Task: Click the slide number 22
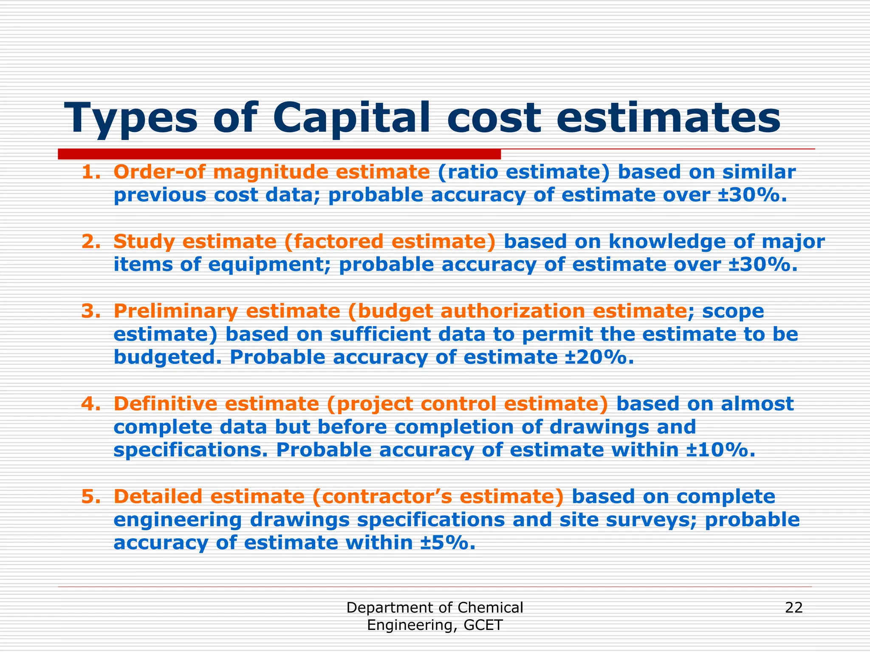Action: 794,608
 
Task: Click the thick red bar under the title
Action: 279,154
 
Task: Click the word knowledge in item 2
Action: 667,242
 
